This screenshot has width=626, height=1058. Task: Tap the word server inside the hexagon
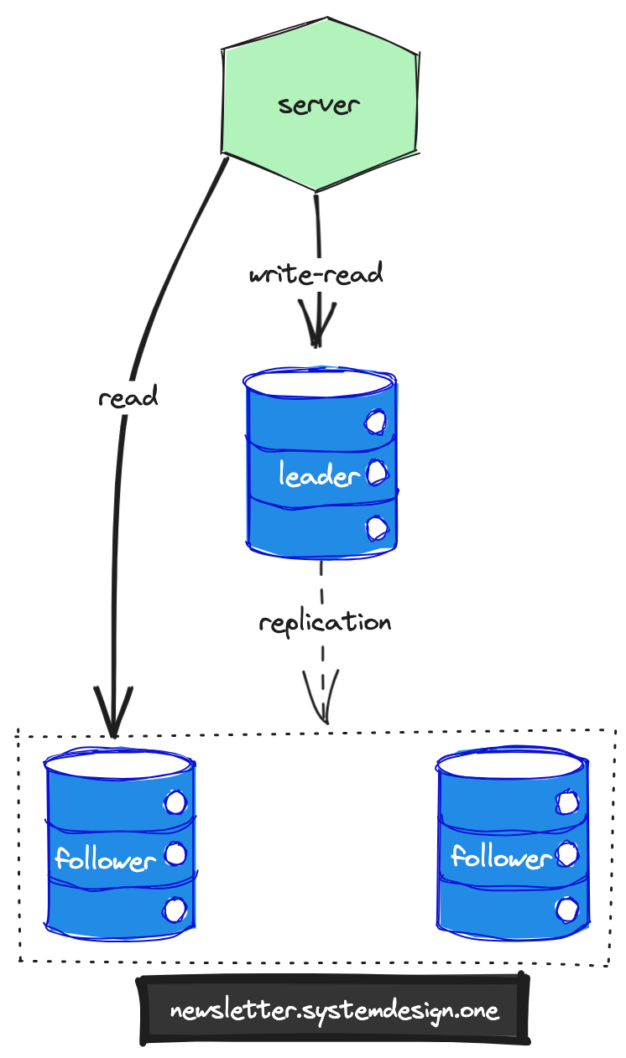click(x=319, y=106)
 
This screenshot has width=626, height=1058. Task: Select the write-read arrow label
click(x=316, y=274)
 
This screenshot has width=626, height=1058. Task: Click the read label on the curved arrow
click(x=128, y=397)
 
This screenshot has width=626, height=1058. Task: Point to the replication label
click(x=325, y=623)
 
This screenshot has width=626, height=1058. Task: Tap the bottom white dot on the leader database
click(x=377, y=527)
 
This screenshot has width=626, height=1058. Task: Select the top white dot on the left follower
click(x=175, y=803)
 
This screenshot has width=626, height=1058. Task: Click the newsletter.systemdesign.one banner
click(x=335, y=1010)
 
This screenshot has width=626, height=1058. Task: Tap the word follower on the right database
click(x=500, y=857)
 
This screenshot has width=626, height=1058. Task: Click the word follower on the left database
click(x=106, y=860)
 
